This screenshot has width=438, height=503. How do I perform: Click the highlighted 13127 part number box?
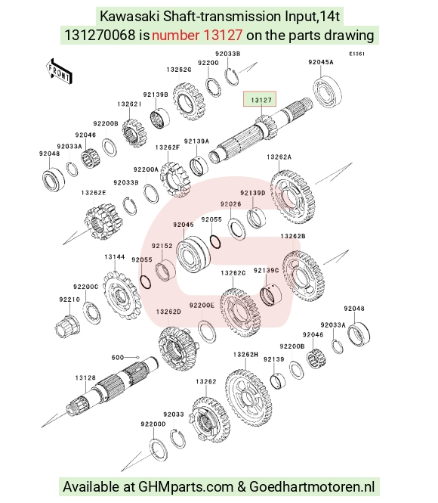260,99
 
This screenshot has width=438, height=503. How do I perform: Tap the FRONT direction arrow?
59,72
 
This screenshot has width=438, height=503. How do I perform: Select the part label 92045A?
320,62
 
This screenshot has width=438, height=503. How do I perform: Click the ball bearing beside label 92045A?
327,92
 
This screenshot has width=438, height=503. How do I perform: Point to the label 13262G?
179,70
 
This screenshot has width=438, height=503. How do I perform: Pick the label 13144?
114,257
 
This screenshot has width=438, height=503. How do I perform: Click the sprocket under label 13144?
122,295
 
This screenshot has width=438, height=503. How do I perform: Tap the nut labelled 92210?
67,325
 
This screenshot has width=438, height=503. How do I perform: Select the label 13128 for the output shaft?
85,378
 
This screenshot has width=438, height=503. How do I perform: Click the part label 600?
118,357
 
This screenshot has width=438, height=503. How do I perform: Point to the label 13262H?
245,355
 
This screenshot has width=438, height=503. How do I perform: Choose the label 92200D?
153,424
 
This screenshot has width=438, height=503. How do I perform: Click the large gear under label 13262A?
293,197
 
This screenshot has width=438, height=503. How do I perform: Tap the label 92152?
162,246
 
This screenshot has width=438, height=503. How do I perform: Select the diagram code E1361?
356,54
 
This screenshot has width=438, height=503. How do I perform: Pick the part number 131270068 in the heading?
100,35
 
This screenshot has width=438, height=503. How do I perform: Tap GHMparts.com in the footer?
185,486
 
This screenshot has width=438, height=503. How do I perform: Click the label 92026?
230,204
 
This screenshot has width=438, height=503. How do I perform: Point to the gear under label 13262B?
304,277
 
